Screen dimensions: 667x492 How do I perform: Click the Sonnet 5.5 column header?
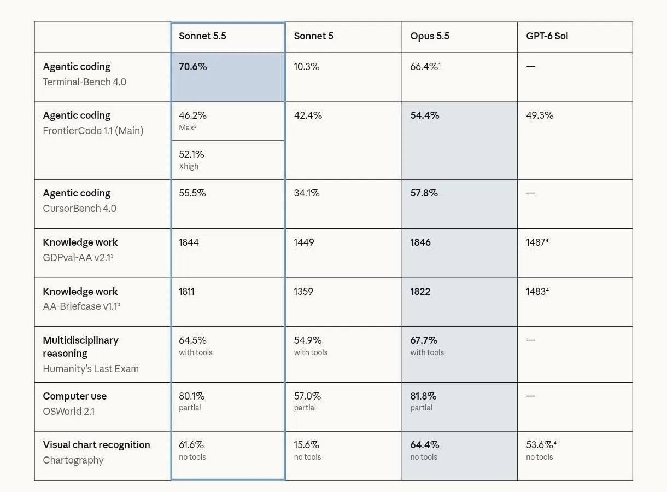pyautogui.click(x=202, y=36)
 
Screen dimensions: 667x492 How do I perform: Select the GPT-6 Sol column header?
pyautogui.click(x=547, y=36)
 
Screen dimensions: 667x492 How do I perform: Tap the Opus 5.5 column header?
pyautogui.click(x=430, y=36)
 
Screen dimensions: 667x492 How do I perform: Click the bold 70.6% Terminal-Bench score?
pyautogui.click(x=192, y=66)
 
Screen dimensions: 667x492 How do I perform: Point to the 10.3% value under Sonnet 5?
pyautogui.click(x=306, y=66)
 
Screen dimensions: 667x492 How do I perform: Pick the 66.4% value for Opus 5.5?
pyautogui.click(x=425, y=66)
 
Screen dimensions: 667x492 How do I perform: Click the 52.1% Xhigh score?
pyautogui.click(x=191, y=154)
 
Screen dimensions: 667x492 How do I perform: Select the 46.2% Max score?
pyautogui.click(x=192, y=115)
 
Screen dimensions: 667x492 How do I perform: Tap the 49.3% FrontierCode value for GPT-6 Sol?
pyautogui.click(x=540, y=115)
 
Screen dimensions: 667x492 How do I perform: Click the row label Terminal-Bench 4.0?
pyautogui.click(x=85, y=82)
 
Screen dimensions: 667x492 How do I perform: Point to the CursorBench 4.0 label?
pyautogui.click(x=79, y=209)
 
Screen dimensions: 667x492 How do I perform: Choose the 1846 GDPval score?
pyautogui.click(x=420, y=242)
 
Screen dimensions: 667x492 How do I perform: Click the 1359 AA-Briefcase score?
pyautogui.click(x=303, y=292)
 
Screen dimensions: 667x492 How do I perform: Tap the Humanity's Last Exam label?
pyautogui.click(x=91, y=369)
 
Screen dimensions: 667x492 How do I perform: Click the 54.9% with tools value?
pyautogui.click(x=308, y=340)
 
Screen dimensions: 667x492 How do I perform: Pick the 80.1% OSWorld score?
pyautogui.click(x=191, y=396)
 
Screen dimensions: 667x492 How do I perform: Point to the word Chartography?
pyautogui.click(x=73, y=460)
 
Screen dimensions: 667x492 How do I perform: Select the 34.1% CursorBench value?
pyautogui.click(x=307, y=193)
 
